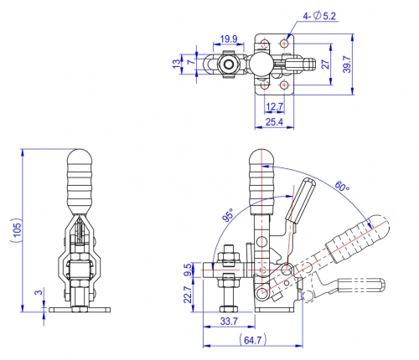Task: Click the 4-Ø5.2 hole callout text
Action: coord(319,16)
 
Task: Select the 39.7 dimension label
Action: coord(347,64)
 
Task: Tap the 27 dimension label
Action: coord(326,64)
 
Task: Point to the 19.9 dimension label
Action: coord(229,39)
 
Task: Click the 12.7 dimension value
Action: coord(275,106)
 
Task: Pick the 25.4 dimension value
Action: coord(274,121)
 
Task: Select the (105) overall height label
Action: coord(17,230)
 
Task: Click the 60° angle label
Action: coord(342,186)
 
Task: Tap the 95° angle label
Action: coord(228,214)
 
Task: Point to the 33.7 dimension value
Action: coord(229,321)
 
